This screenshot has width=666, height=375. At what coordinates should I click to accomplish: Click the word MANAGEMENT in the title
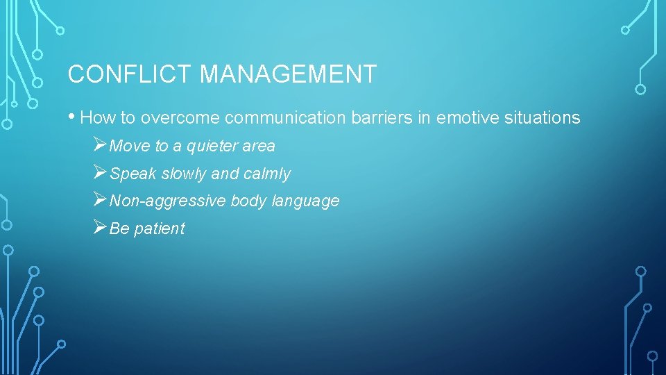288,74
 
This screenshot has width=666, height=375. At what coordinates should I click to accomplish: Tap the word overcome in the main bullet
179,118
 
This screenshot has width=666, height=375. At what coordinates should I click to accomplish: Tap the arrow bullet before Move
100,145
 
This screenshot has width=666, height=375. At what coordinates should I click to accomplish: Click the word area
259,147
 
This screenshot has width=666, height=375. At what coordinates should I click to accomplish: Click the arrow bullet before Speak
100,173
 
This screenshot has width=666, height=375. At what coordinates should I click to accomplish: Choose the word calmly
267,174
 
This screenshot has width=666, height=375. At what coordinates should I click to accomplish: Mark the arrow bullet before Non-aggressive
100,201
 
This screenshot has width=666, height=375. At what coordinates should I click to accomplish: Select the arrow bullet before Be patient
100,228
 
